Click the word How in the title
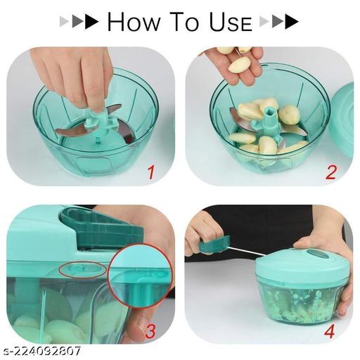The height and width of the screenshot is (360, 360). [x=136, y=22]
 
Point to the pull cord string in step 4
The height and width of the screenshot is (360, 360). [x=246, y=251]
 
